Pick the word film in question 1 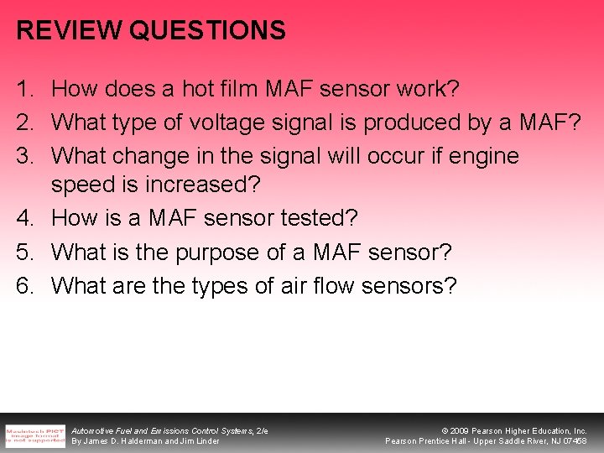235,88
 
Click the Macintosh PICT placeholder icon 34,435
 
